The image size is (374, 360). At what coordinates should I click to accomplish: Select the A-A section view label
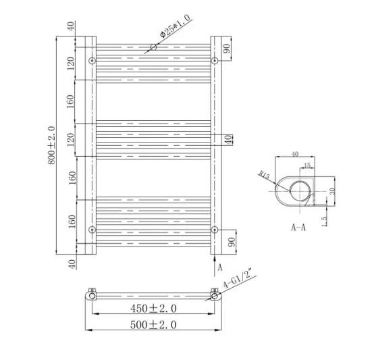(x=298, y=228)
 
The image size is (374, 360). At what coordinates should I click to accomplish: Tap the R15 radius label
(x=264, y=177)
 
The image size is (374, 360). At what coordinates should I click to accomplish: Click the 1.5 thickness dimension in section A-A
(x=325, y=219)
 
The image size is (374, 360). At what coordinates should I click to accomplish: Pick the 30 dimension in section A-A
(x=331, y=190)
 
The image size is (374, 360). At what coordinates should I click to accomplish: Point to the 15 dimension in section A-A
(x=307, y=166)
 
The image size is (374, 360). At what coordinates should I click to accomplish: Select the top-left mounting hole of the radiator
(x=92, y=61)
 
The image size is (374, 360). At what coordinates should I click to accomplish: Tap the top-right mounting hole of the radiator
(x=215, y=61)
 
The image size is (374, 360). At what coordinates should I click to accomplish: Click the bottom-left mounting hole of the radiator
(x=92, y=230)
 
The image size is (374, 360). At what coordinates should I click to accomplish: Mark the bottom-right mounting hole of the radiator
(x=215, y=230)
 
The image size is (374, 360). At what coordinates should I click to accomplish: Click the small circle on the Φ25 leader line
(x=153, y=47)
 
